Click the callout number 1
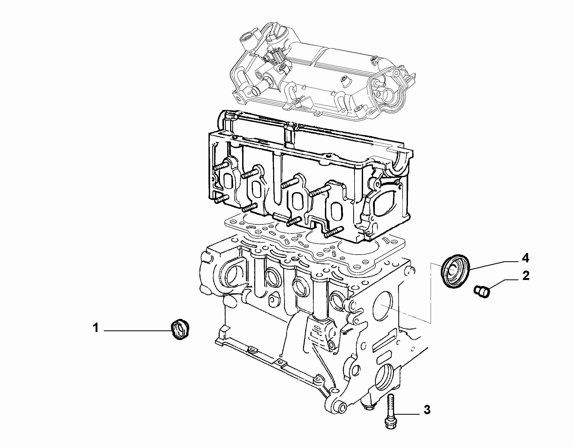point(96,328)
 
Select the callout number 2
point(526,276)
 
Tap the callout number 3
point(427,409)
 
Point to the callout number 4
point(525,258)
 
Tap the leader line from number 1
point(137,331)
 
